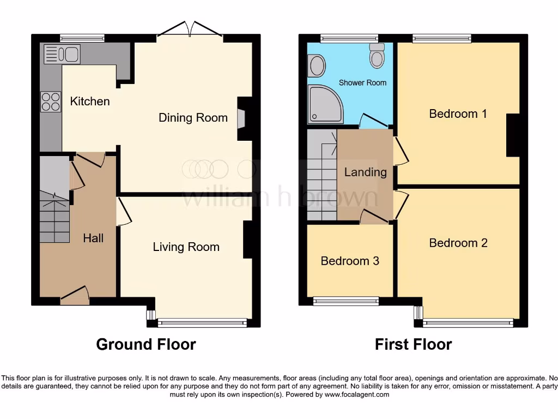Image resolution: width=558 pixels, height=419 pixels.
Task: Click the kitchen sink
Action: point(62,55)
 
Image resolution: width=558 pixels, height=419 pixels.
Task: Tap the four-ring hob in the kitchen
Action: point(50,101)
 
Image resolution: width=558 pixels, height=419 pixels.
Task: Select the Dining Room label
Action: point(193,117)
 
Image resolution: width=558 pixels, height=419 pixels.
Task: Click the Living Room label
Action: point(186,247)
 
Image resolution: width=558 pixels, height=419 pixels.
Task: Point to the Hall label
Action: point(93,238)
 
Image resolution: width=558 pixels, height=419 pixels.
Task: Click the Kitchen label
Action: point(90,101)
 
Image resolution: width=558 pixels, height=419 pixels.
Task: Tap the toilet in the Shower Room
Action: point(377,56)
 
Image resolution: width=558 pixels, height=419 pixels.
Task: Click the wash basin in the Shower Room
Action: point(317,67)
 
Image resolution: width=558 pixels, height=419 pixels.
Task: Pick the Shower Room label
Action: point(362,82)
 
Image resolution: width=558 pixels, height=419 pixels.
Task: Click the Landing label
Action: point(365,172)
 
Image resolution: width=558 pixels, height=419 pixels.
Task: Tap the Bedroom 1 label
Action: point(458,113)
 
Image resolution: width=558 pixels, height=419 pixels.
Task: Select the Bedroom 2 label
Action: point(458,243)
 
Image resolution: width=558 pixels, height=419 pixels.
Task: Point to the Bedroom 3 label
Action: point(349,261)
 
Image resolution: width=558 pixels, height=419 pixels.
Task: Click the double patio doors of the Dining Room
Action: point(190,31)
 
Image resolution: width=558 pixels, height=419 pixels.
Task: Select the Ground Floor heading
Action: point(145,344)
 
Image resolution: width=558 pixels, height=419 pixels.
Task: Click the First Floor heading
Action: point(413,344)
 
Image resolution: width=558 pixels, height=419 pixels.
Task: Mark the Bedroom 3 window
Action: point(346,301)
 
